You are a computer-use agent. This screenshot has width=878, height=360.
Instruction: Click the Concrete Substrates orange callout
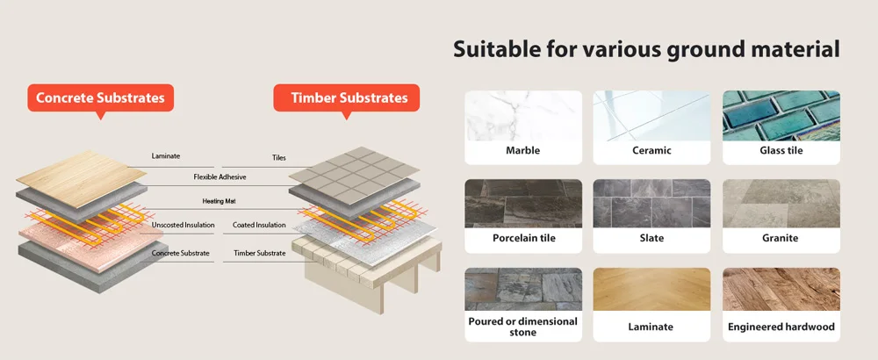tap(99, 97)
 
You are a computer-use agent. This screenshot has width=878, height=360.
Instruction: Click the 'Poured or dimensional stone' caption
tap(522, 327)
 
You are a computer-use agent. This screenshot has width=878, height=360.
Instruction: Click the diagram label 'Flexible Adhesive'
tap(219, 177)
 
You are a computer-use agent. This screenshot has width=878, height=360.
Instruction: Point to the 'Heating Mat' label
tap(219, 201)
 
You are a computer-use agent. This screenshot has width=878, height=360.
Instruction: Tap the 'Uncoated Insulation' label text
tap(183, 226)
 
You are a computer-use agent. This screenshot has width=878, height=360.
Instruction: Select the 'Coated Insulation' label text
tap(259, 226)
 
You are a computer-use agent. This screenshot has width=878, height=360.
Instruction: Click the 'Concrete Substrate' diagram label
tap(180, 254)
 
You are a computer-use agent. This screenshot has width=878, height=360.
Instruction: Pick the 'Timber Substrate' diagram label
tap(259, 254)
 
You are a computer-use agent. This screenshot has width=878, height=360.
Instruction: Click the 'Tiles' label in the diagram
tap(279, 159)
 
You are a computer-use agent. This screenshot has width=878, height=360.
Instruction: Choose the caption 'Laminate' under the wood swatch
tap(651, 328)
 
